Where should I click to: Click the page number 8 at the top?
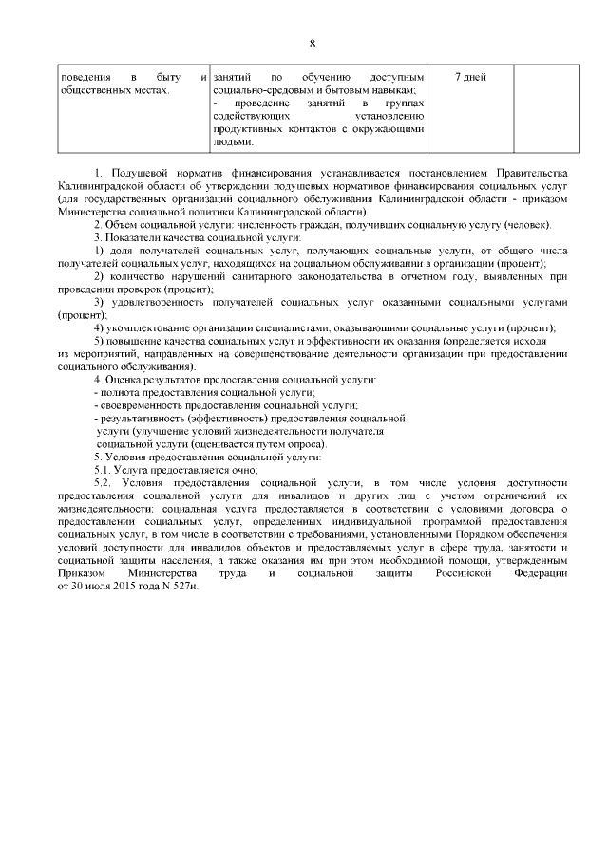[311, 43]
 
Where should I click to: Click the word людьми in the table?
[234, 142]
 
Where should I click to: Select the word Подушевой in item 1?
[142, 173]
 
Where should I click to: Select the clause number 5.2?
[104, 483]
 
